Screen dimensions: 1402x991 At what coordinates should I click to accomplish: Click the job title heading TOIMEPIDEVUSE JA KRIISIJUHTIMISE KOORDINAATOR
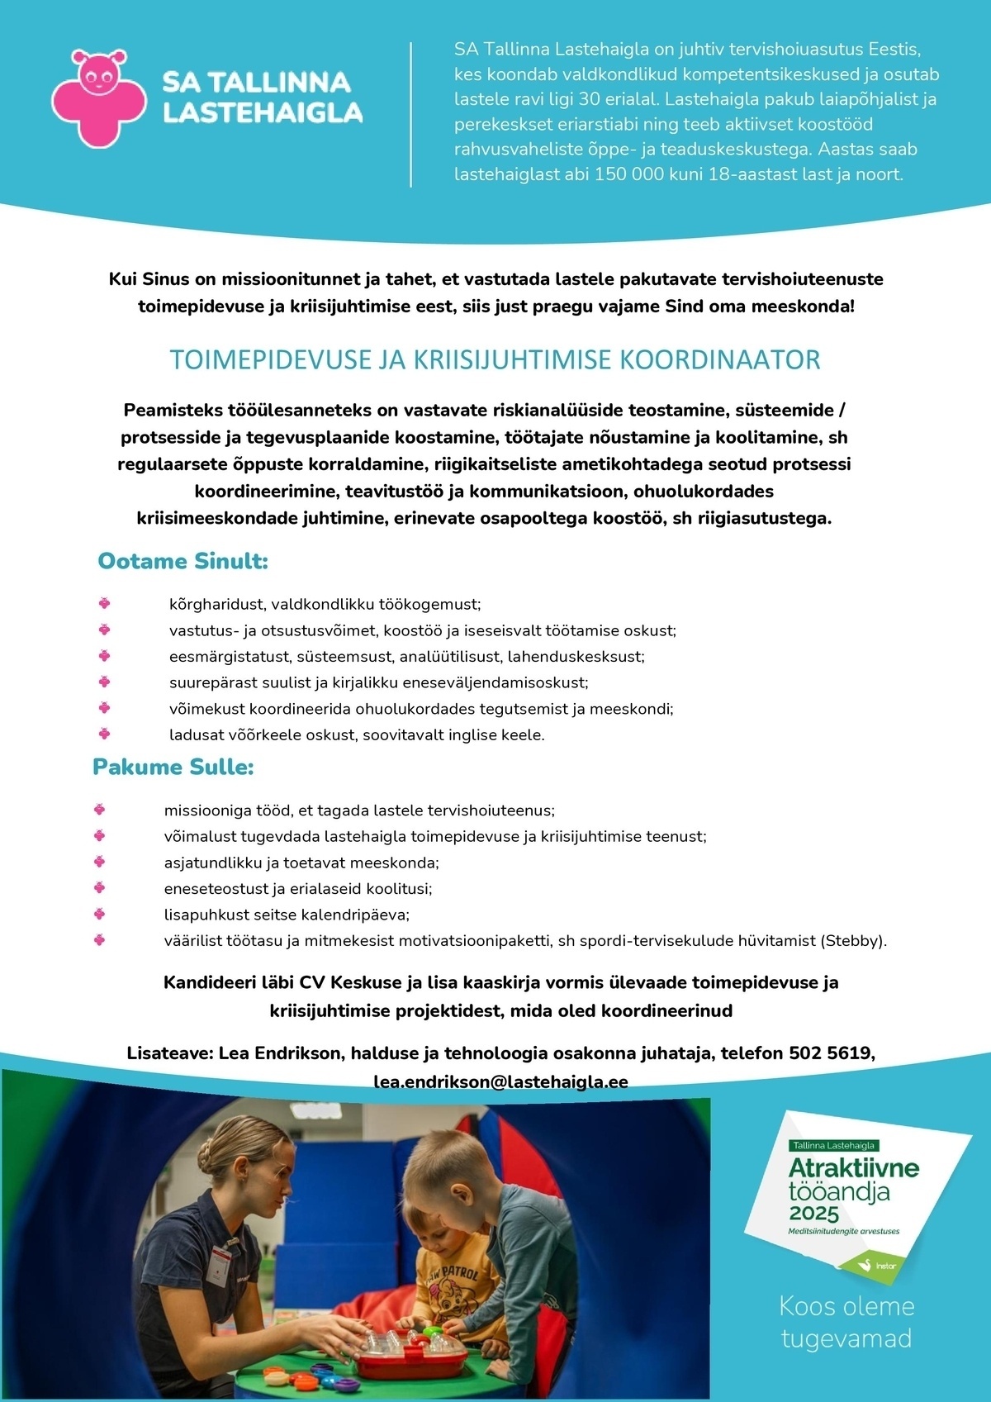click(x=495, y=360)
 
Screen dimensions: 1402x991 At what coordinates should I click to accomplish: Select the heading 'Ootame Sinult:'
click(x=183, y=561)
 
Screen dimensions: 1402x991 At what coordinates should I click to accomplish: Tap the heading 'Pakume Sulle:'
click(x=173, y=767)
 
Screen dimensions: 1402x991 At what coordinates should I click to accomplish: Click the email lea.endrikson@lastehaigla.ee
click(x=500, y=1081)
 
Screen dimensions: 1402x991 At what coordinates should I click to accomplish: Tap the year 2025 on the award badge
click(x=813, y=1213)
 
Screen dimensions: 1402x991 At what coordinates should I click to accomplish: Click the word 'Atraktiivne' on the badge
click(x=853, y=1167)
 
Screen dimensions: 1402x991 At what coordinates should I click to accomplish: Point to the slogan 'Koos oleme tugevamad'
click(x=846, y=1322)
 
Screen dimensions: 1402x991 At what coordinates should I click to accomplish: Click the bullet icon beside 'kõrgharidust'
click(x=104, y=604)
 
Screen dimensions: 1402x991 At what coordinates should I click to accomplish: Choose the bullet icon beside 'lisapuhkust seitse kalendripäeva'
click(x=99, y=914)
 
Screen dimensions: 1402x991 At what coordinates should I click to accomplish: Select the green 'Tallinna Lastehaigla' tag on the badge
click(x=833, y=1145)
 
